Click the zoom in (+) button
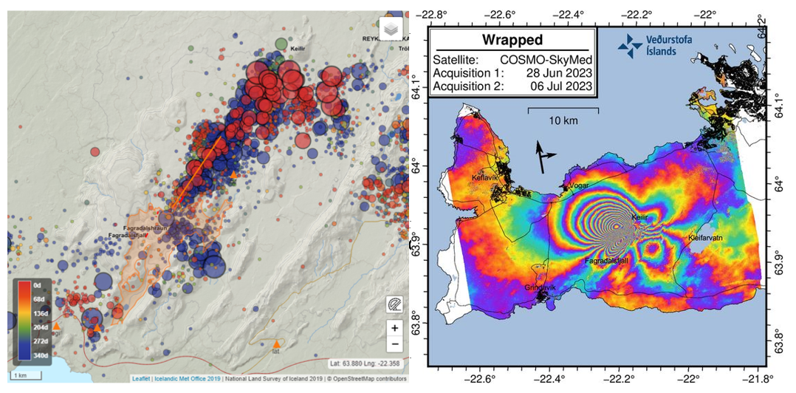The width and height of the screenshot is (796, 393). click(x=395, y=328)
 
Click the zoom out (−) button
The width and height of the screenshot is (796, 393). click(x=395, y=344)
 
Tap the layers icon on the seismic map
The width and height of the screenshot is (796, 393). click(x=390, y=30)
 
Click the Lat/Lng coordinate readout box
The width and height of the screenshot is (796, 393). click(x=365, y=363)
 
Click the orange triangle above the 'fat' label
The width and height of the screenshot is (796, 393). click(x=276, y=344)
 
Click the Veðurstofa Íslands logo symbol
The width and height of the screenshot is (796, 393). click(x=630, y=47)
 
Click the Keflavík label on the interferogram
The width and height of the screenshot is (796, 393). click(x=487, y=178)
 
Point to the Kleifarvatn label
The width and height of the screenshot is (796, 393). click(x=708, y=240)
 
